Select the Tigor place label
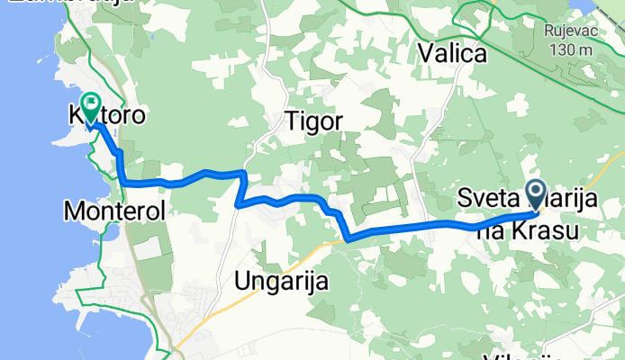tap(309, 120)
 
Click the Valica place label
tap(452, 54)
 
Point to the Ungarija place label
tap(280, 281)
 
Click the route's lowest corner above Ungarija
tap(349, 239)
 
